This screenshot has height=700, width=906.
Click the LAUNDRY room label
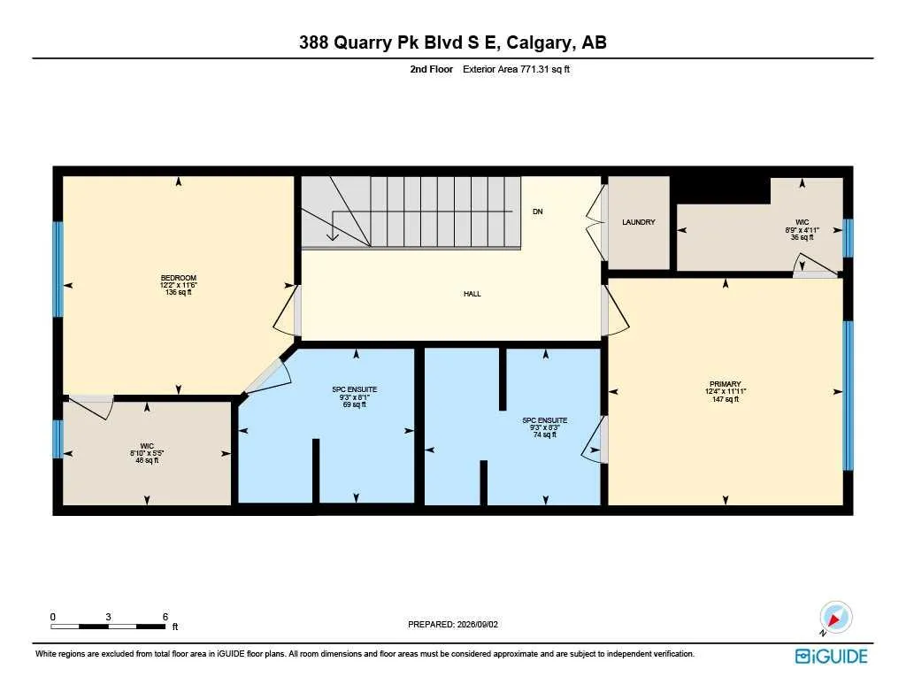tap(639, 222)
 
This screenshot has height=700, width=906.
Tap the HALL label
tap(472, 294)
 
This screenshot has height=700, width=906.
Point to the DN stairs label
tap(537, 212)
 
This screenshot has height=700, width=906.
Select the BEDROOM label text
tap(179, 278)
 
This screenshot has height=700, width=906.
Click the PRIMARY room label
tap(726, 384)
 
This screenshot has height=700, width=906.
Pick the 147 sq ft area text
tap(726, 399)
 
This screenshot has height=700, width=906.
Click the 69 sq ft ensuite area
tap(354, 404)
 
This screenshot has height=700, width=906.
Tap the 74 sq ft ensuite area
tap(544, 435)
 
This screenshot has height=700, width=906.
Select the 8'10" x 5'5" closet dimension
tap(147, 453)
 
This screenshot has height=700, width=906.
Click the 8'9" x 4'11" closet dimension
tap(802, 229)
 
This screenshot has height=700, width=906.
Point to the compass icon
tap(835, 618)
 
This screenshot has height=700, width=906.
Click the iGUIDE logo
tap(832, 656)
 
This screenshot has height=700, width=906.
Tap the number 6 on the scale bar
tap(165, 617)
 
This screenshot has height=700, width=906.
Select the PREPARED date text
tap(453, 624)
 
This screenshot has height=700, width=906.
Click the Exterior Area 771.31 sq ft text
tap(516, 69)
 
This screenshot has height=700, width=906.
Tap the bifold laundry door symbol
tap(595, 222)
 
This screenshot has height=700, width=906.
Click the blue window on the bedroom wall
tap(58, 269)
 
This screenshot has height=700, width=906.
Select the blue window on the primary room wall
tap(848, 396)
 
